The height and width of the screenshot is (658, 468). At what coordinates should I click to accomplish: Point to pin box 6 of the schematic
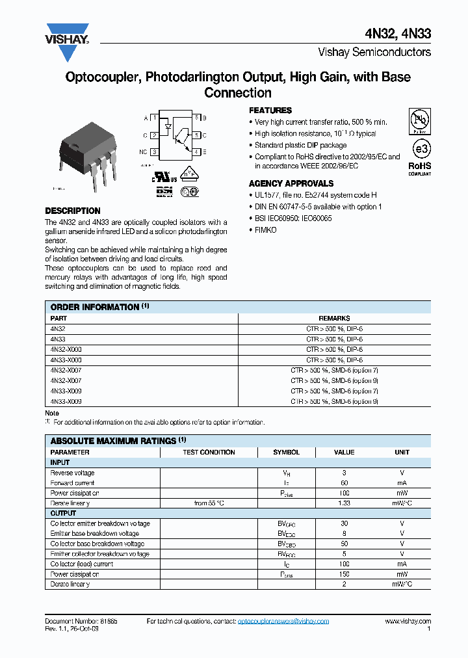click(196, 118)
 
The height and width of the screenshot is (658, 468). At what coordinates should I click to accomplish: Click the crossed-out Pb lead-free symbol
click(419, 121)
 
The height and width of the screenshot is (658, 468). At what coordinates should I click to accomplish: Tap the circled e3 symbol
click(419, 149)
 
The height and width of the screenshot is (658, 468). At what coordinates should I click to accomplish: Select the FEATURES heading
click(270, 111)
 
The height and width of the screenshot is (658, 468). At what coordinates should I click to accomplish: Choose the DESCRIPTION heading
click(72, 211)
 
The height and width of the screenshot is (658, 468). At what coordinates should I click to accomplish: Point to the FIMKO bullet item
click(265, 230)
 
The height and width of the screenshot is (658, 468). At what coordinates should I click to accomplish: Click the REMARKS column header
click(334, 319)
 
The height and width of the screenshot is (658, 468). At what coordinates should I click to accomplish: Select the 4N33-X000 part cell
click(66, 360)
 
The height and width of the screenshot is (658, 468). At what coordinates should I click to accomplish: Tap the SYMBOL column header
click(286, 452)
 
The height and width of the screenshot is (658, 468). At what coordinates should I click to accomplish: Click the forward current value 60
click(344, 483)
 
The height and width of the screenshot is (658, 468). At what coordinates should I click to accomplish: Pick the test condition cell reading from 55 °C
click(209, 503)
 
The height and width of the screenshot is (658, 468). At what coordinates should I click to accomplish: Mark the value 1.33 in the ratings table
click(344, 503)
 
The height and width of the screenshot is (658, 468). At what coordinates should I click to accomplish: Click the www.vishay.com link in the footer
click(408, 622)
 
